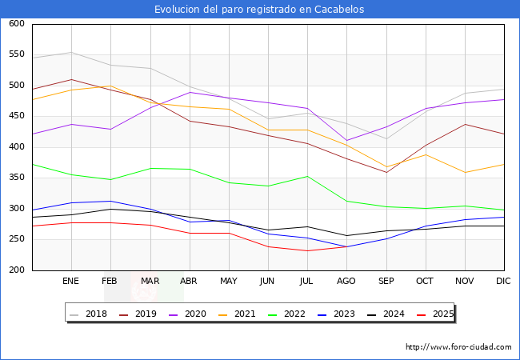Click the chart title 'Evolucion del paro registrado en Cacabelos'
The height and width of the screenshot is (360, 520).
(260, 10)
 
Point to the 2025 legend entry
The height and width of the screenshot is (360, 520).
(432, 314)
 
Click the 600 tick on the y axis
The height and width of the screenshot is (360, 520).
(17, 24)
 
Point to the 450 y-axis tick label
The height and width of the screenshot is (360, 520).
(17, 117)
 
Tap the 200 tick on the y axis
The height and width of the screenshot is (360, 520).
(17, 270)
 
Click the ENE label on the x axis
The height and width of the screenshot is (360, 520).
(71, 282)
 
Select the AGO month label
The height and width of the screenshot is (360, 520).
(346, 282)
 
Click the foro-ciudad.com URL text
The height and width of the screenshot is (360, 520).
(458, 347)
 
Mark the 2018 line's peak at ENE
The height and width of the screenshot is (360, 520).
(71, 53)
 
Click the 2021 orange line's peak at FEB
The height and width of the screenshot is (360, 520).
(110, 86)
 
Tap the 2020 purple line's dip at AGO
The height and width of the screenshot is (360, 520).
(346, 141)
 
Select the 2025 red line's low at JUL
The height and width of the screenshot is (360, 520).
(307, 250)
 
